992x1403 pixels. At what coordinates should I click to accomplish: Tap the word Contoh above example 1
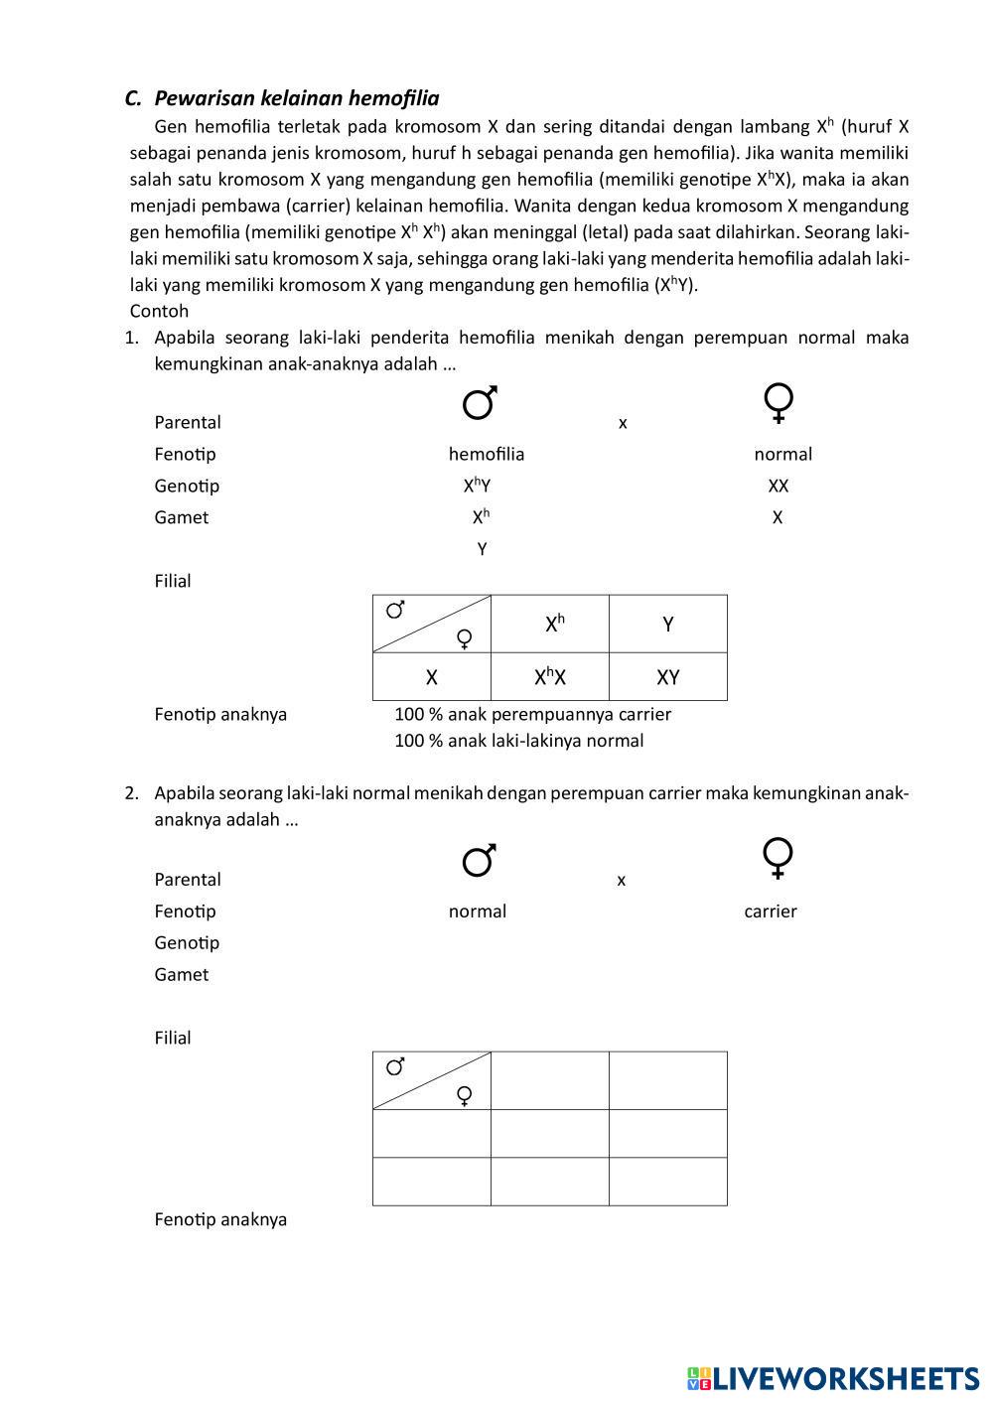click(159, 311)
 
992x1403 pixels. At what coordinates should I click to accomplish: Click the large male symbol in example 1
click(480, 403)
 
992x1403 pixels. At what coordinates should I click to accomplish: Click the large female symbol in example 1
click(779, 403)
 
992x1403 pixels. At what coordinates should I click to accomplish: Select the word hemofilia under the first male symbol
click(486, 455)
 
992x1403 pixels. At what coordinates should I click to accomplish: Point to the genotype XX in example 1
click(778, 487)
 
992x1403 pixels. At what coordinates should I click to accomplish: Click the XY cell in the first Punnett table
click(667, 677)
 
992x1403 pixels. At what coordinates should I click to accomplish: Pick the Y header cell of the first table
click(667, 625)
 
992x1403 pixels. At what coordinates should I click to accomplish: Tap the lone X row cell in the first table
click(431, 677)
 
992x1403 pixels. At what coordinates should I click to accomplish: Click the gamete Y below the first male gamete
click(482, 549)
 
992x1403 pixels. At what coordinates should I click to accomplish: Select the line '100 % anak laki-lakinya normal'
click(518, 741)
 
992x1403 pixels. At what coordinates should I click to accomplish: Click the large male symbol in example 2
click(480, 860)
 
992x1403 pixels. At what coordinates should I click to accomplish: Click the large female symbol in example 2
click(778, 859)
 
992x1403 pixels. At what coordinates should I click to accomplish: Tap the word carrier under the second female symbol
click(770, 912)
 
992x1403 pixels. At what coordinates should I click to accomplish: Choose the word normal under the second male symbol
click(477, 912)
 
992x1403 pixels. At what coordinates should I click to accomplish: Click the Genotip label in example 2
click(187, 943)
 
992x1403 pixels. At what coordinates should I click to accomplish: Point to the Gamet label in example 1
click(181, 517)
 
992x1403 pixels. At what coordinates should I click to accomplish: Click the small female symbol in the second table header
click(463, 1095)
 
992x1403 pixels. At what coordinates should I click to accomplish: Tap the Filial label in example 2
click(172, 1038)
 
